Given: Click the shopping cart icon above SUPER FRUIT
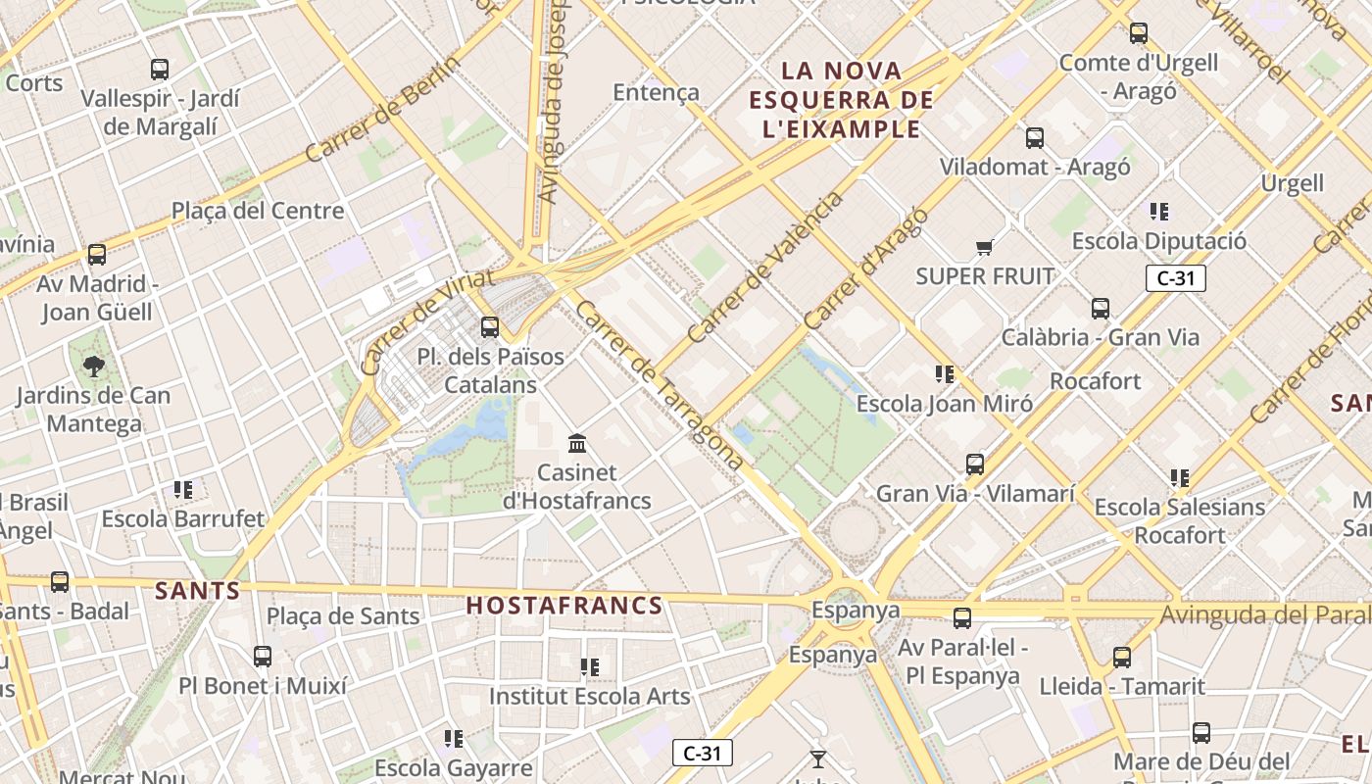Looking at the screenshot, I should [x=984, y=248].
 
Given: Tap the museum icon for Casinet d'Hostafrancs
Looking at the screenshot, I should [x=577, y=444].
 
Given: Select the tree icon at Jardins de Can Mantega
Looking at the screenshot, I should [x=94, y=367].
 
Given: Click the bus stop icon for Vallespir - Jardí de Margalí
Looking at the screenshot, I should [x=160, y=70].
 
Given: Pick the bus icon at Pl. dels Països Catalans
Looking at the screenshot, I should [x=490, y=327].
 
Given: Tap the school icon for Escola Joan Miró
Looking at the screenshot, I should [x=945, y=373].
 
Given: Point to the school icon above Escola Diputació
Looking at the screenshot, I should [x=1159, y=212].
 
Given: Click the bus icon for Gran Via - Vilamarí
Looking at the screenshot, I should [x=975, y=465].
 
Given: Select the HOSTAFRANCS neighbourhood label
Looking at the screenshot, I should [x=564, y=606].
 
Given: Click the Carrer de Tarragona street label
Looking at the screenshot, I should [x=659, y=384].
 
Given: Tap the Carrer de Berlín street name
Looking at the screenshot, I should [x=382, y=109].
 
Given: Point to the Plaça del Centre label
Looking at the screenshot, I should [x=258, y=211].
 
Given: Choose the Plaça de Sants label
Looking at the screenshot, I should [x=343, y=616].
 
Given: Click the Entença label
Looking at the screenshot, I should [x=656, y=93].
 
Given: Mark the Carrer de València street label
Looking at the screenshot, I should [x=765, y=267].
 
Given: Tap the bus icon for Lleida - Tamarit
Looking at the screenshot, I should [x=1122, y=658].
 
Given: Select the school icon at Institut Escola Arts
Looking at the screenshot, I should [x=589, y=668].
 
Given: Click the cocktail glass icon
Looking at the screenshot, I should [x=818, y=759].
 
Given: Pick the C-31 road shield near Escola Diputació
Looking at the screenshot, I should [x=1176, y=278].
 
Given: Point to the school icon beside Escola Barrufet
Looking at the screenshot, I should [x=182, y=489].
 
